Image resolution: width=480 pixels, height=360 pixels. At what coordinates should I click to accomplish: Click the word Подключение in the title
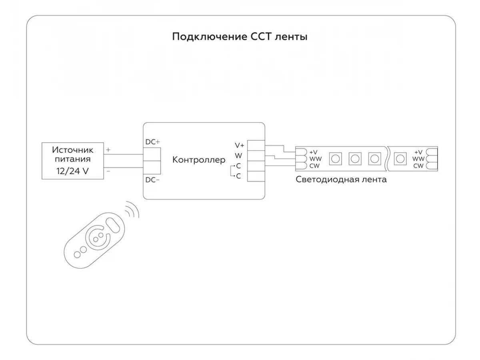(210, 37)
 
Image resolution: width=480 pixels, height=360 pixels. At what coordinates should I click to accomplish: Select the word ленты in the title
(291, 37)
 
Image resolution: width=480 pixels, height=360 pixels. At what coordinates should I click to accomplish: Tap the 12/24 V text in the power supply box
(72, 171)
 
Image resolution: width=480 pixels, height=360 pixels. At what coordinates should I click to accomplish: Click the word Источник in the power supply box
(73, 150)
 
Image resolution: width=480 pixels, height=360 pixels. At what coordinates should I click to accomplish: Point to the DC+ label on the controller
(153, 142)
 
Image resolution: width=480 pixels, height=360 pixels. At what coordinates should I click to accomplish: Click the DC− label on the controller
(152, 180)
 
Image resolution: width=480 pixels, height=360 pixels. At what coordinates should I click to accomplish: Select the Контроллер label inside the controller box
(199, 160)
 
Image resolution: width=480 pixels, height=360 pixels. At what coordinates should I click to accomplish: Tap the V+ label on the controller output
(240, 145)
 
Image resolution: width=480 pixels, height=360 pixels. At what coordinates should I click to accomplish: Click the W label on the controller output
(238, 156)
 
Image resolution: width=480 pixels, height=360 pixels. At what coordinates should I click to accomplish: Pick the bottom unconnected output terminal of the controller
(256, 176)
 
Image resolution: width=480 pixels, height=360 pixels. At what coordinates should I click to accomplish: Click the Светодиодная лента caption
(341, 180)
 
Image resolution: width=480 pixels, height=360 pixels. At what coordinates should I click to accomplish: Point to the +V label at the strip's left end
(313, 152)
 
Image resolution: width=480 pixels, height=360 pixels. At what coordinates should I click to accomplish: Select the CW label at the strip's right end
(418, 166)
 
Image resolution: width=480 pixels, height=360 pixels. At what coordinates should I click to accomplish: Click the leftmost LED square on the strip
(336, 159)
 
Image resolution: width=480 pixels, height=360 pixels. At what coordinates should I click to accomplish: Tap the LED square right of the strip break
(400, 159)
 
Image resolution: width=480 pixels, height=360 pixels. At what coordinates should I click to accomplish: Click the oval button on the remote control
(113, 225)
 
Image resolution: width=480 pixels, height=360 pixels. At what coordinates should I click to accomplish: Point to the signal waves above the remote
(132, 209)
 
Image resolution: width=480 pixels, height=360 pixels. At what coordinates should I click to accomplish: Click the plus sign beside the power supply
(108, 150)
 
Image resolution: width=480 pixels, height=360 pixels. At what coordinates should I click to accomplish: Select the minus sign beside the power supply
(108, 171)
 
